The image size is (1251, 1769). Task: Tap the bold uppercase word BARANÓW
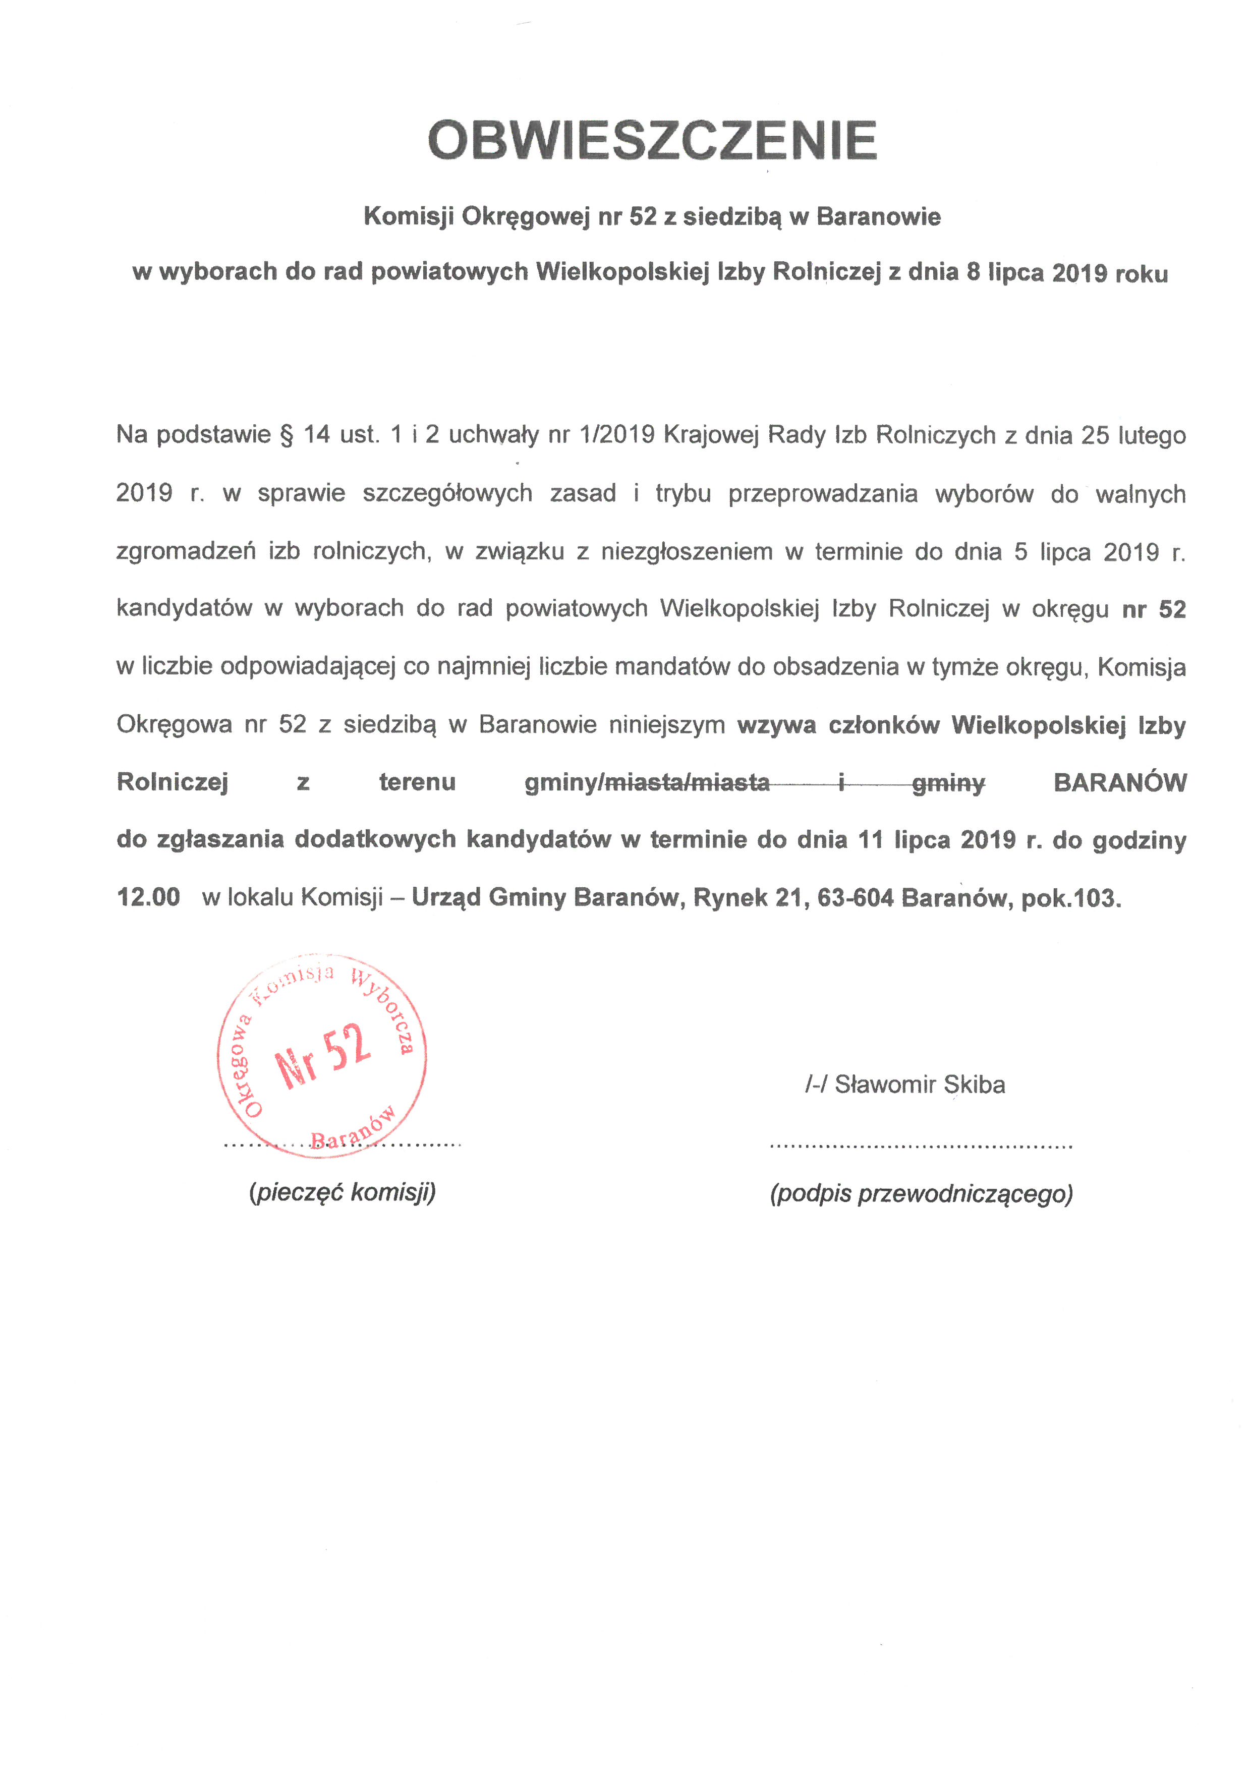pyautogui.click(x=1119, y=783)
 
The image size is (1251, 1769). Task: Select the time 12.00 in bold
pyautogui.click(x=148, y=897)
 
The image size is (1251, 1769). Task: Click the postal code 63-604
pyautogui.click(x=855, y=897)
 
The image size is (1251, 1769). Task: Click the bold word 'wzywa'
pyautogui.click(x=776, y=725)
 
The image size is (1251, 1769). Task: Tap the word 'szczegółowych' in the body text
pyautogui.click(x=447, y=493)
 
